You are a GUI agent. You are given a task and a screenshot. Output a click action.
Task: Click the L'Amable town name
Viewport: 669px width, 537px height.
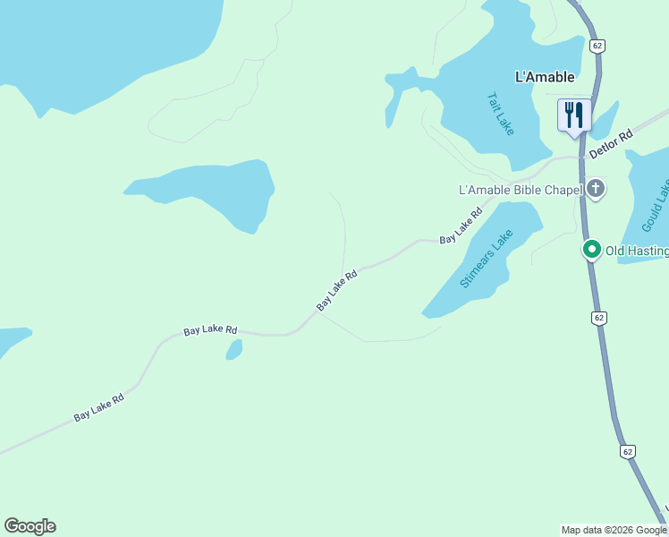544,77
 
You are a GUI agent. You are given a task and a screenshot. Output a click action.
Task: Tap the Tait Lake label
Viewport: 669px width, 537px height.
501,114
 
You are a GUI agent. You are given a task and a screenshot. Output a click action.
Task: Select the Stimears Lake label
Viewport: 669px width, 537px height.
487,259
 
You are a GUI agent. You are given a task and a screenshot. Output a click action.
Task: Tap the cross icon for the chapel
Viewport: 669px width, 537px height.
597,189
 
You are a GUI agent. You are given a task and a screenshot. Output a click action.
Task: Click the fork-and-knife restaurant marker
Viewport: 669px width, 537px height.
574,115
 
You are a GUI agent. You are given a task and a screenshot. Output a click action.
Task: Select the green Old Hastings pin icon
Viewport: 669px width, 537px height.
591,250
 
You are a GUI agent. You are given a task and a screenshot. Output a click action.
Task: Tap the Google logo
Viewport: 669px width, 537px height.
30,526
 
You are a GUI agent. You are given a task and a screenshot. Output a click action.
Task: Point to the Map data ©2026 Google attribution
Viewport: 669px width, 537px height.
614,530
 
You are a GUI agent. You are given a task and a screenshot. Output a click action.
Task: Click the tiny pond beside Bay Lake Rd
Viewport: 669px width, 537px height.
234,349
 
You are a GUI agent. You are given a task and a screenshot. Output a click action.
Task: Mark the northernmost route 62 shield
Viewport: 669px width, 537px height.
597,44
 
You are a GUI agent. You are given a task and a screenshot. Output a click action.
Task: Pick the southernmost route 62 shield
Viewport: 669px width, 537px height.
628,451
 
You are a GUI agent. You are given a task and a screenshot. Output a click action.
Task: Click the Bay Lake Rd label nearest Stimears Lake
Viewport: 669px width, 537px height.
461,226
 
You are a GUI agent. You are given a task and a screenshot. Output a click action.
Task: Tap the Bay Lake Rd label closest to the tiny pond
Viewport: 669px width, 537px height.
210,330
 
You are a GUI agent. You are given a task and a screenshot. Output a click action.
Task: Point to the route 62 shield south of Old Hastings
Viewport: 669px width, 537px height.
598,318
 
